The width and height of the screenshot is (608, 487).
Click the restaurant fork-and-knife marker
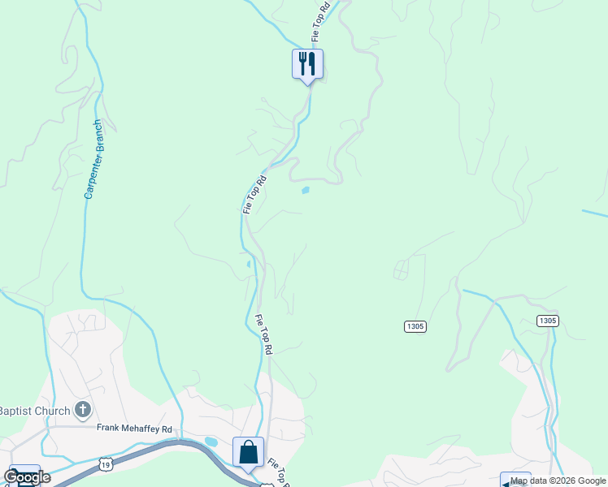point(307,63)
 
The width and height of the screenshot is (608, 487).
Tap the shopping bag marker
point(248,453)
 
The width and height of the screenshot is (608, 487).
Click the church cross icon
point(82,411)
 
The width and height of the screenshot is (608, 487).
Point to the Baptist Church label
point(35,411)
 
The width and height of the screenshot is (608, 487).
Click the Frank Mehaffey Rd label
point(135,429)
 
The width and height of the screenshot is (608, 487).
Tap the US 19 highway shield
point(105,463)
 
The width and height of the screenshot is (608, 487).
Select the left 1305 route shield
point(415,326)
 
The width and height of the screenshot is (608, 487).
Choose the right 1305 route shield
point(547,321)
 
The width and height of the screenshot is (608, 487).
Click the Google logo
point(27,476)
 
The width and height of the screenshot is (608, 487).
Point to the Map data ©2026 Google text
point(558,481)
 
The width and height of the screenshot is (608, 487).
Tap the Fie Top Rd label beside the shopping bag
point(278,471)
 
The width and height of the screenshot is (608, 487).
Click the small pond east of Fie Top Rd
point(305,191)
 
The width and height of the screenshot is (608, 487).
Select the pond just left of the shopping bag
point(211,442)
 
